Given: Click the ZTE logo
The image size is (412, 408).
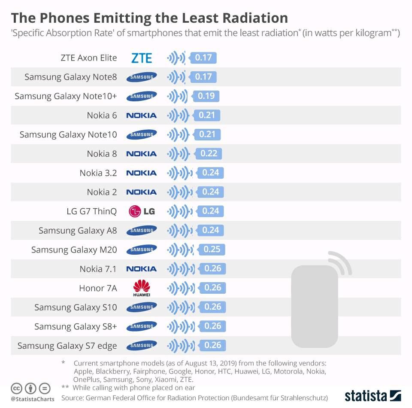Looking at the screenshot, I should tap(142, 58).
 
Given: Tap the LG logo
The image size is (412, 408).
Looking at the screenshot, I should tap(142, 211).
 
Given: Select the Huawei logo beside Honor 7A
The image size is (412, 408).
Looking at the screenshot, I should tap(142, 288).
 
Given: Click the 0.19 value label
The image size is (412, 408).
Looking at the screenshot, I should tap(206, 96).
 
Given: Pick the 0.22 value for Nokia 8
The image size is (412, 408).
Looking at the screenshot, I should tap(209, 153).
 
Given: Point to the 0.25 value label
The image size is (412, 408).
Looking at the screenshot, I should tap(212, 250).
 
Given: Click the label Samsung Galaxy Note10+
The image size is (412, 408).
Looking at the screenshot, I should tap(66, 96).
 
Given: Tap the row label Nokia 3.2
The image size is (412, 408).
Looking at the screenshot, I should tap(98, 173).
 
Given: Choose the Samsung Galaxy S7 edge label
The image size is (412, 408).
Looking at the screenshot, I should tap(67, 346).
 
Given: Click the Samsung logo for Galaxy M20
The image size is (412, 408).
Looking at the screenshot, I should tap(142, 250).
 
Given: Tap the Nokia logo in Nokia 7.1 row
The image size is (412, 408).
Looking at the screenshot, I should tap(142, 269).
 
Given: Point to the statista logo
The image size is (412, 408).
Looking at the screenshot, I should tap(373, 396).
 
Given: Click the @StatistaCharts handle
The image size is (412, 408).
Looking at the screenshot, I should tap(33, 399).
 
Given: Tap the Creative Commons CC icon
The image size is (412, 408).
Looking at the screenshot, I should tap(16, 388).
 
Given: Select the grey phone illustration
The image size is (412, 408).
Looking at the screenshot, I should tap(314, 306).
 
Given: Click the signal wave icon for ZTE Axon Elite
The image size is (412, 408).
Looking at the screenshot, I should tap(176, 58).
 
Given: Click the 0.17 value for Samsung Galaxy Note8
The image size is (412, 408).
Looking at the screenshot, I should tap(203, 77).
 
